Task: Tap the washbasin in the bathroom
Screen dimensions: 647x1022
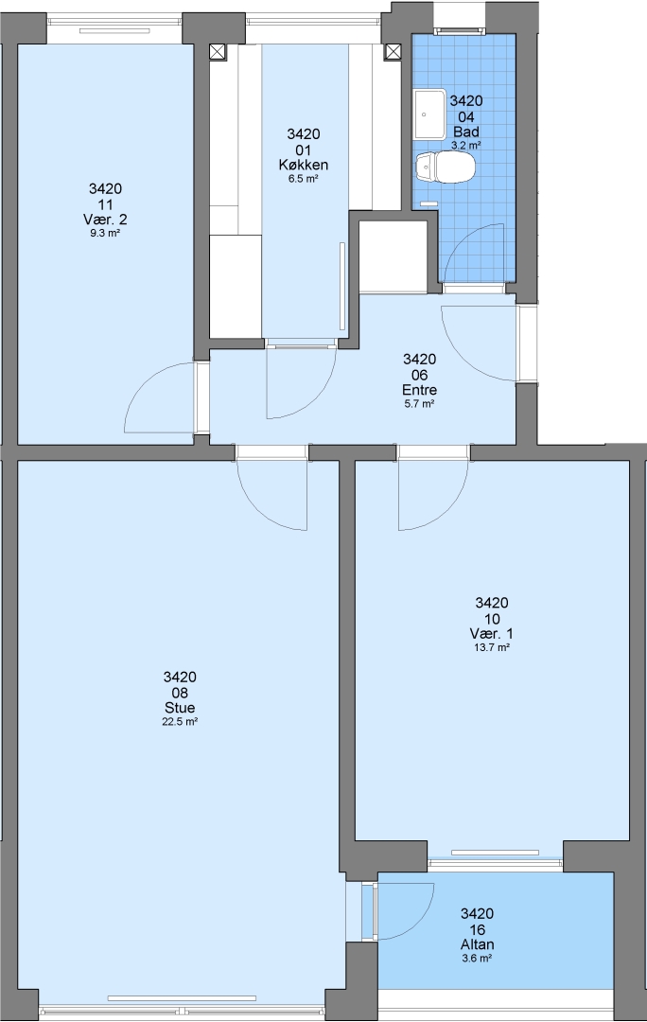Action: (x=430, y=114)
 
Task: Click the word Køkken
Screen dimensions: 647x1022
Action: (x=304, y=165)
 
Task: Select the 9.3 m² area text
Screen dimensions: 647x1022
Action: (x=105, y=233)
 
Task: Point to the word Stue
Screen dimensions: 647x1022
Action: (x=180, y=708)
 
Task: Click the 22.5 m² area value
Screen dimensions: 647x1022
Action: (x=180, y=721)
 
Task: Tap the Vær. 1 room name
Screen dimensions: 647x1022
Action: (x=491, y=633)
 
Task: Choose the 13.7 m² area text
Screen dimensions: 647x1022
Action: (x=491, y=647)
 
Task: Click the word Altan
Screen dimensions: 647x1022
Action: (x=477, y=944)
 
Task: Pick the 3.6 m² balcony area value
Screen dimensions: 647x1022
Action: (x=477, y=958)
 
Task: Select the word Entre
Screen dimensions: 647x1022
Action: (x=420, y=390)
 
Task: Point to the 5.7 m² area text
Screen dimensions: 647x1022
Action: (x=420, y=403)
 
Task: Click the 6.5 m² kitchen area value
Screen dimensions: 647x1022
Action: (x=304, y=179)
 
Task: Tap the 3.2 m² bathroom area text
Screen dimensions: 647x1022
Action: (x=466, y=146)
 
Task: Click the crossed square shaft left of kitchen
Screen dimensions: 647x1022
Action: (x=218, y=52)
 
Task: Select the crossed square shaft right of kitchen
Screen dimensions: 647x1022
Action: (x=393, y=52)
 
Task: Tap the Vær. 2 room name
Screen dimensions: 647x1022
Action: (x=105, y=219)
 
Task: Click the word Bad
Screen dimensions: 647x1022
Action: (x=466, y=132)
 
